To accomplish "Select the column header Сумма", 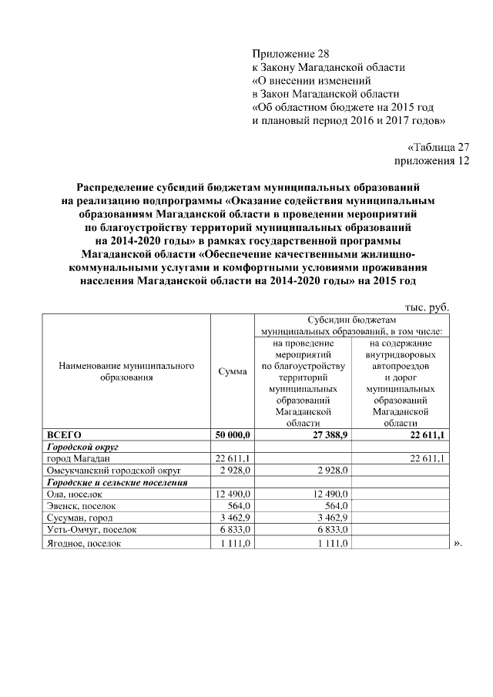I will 232,372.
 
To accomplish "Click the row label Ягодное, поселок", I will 86,543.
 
